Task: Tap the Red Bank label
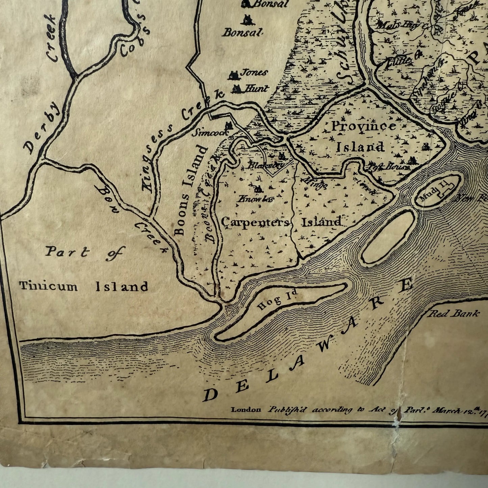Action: coord(454,314)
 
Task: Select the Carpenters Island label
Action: coord(281,222)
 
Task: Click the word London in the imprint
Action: coord(246,410)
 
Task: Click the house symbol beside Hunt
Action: coord(236,89)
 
